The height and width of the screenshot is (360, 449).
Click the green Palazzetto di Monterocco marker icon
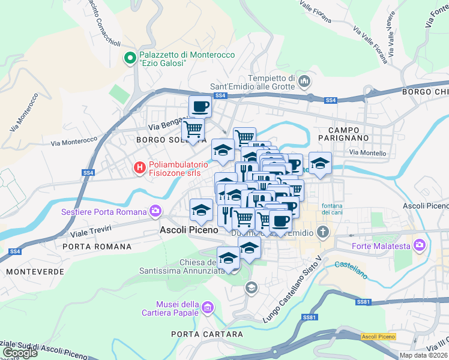(129, 58)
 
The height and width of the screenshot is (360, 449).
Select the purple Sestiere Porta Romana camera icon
(156, 211)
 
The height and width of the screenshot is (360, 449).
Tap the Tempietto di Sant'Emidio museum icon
(304, 81)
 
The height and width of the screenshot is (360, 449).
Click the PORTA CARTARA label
(207, 334)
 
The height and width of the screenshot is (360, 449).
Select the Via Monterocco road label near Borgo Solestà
(74, 142)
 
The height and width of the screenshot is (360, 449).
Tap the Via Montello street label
(368, 153)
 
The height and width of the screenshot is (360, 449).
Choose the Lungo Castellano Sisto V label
(295, 281)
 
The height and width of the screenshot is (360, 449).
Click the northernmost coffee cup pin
(200, 107)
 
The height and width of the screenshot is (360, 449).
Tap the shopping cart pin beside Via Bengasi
(193, 129)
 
